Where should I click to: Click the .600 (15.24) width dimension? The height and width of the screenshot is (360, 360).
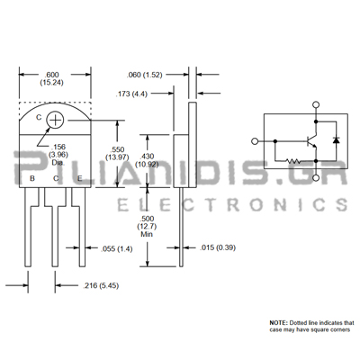(x=51, y=78)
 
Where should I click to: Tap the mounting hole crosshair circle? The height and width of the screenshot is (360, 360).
(x=55, y=121)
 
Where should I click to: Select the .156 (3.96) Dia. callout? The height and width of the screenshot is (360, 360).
(x=58, y=155)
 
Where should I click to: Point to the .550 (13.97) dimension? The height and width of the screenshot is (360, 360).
(x=117, y=153)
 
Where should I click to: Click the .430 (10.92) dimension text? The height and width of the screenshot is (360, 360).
(x=147, y=160)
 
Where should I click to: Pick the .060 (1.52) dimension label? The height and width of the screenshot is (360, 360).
(x=144, y=75)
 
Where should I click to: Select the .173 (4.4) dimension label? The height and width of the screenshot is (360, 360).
(x=131, y=94)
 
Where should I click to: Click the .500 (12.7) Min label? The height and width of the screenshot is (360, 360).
(x=147, y=226)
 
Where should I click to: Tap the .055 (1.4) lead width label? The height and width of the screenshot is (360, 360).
(x=116, y=248)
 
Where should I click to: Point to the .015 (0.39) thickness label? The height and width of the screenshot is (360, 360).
(x=218, y=247)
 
